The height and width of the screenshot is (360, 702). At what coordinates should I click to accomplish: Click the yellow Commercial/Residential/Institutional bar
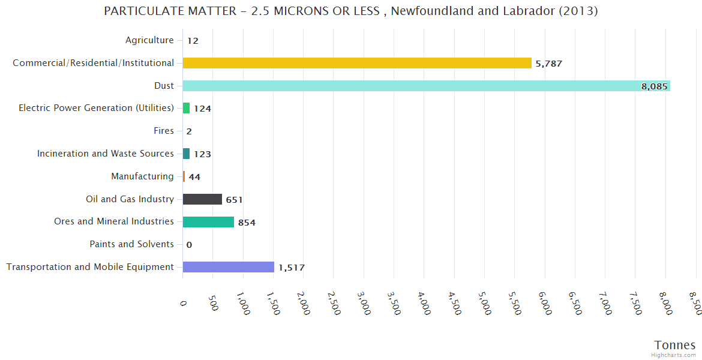point(357,63)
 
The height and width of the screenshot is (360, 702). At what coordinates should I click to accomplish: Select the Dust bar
point(426,86)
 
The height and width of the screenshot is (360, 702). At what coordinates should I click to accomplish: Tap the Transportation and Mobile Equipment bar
point(228,267)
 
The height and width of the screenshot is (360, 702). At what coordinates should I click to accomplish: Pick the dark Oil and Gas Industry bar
point(202,199)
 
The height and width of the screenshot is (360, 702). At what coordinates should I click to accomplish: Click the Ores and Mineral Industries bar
point(208,222)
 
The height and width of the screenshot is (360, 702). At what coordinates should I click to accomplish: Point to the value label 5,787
point(548,64)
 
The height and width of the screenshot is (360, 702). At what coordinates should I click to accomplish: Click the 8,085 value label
point(654,86)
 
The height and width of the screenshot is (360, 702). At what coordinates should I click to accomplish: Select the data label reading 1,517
point(291,268)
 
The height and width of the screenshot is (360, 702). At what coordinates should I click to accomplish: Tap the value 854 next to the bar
point(247,223)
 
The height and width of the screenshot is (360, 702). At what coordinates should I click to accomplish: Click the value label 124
point(202,109)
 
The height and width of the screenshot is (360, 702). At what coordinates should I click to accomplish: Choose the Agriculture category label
point(149,40)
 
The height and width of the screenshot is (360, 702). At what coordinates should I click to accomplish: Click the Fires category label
point(164,131)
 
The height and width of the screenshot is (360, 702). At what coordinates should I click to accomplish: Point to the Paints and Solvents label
point(131,244)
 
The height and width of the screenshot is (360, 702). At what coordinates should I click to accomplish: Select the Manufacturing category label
point(142,176)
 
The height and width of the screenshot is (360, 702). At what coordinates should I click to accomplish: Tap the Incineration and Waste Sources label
point(106,154)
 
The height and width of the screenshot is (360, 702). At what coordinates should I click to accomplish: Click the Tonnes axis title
point(674,345)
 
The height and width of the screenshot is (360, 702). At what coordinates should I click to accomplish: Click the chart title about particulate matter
point(350,11)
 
